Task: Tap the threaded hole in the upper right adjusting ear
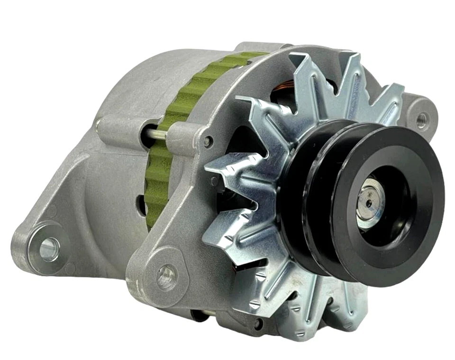click(x=421, y=119)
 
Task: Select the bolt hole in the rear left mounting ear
click(x=49, y=248)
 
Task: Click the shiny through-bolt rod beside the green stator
click(x=156, y=134)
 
